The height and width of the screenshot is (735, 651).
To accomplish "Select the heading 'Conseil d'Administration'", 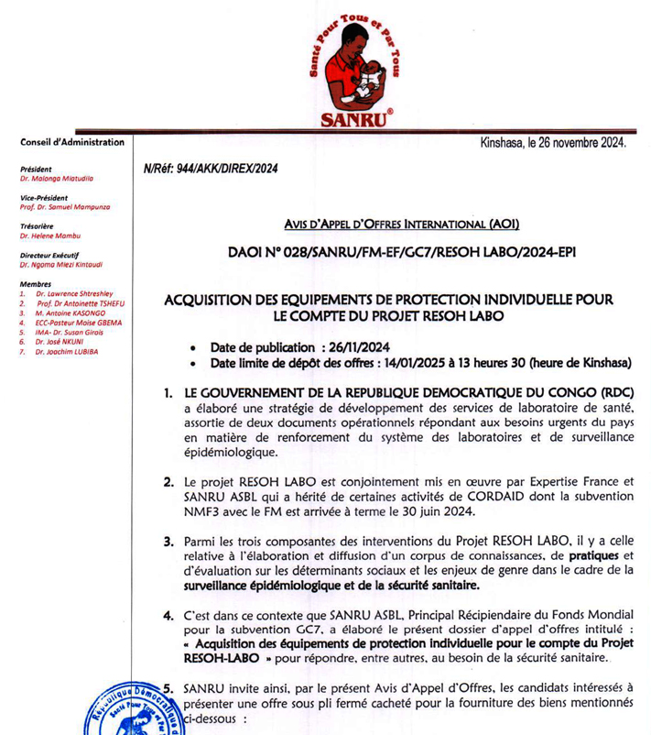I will click(71, 143).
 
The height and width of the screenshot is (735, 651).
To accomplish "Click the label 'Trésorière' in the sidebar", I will click(38, 225).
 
